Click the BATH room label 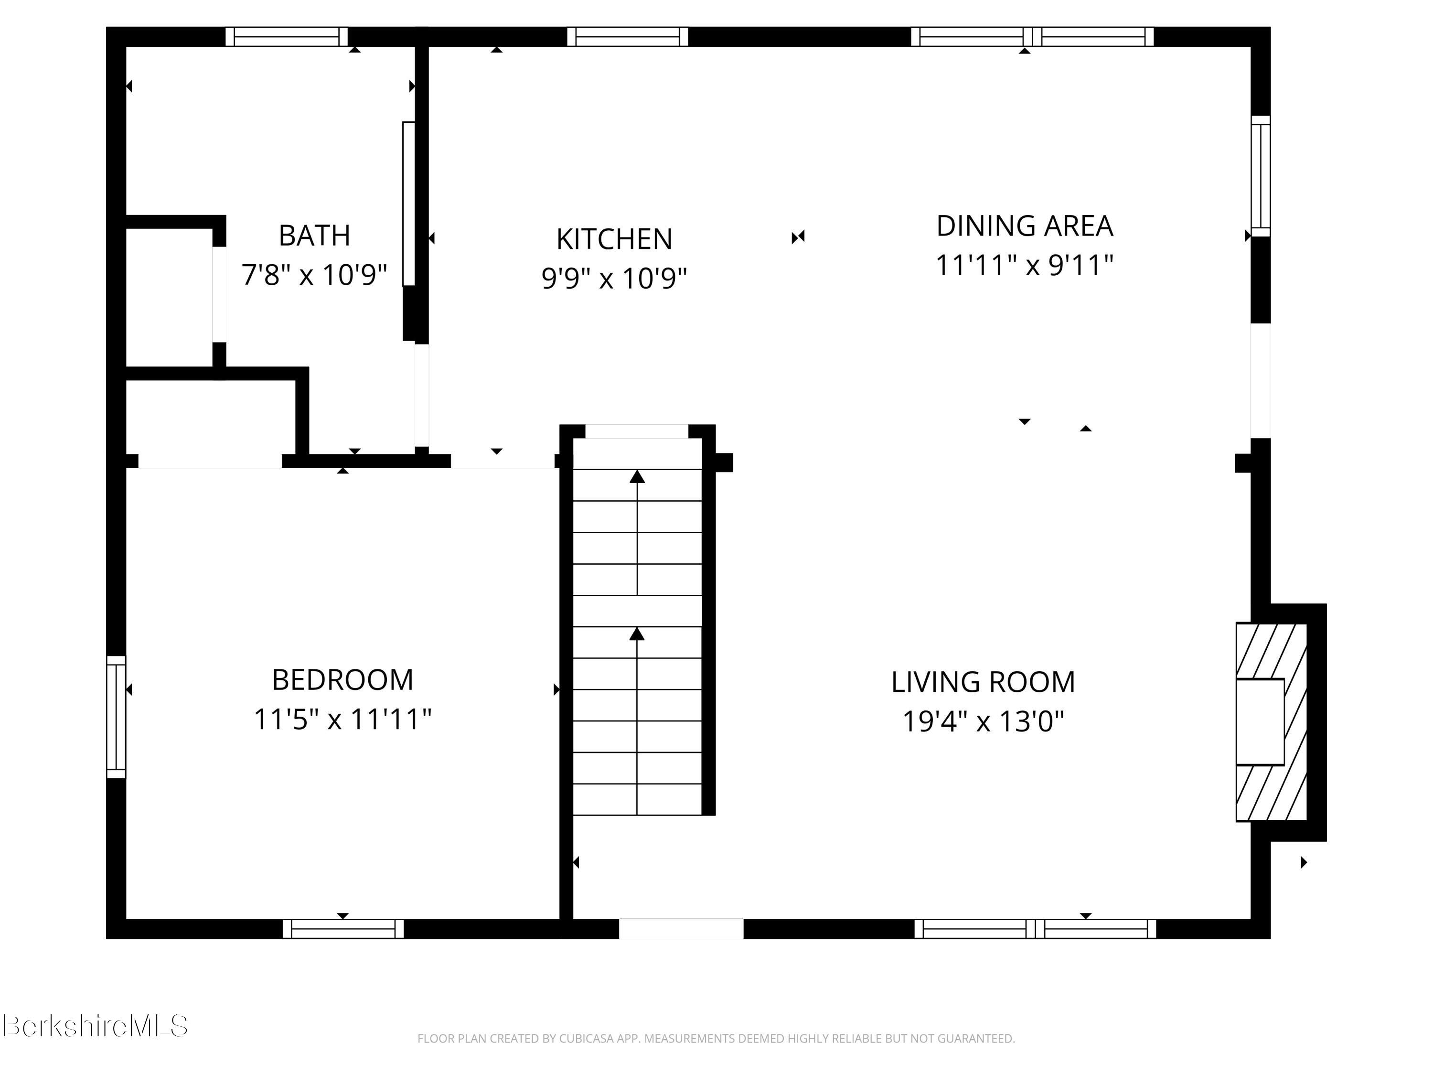(314, 235)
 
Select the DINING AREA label (1024, 226)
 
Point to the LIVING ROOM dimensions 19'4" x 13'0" (983, 721)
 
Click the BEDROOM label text (342, 680)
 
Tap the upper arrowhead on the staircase (638, 477)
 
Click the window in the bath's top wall (286, 36)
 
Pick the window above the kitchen (627, 36)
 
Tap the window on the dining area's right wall (1260, 176)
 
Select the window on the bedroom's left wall (116, 717)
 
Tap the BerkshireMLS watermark (95, 1026)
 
